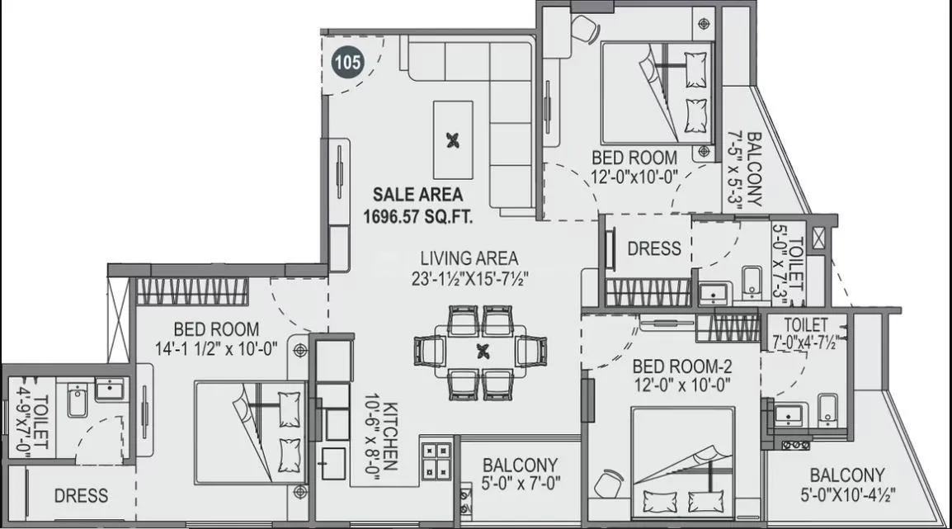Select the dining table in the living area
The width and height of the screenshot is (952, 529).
click(482, 350)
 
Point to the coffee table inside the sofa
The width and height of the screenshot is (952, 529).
click(453, 139)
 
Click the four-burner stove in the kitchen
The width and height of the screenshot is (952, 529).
click(436, 460)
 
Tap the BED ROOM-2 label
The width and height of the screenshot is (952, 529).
click(681, 365)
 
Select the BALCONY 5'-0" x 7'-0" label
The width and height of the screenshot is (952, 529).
click(520, 475)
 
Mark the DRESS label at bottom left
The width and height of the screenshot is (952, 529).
click(81, 496)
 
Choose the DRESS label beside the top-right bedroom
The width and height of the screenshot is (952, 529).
click(654, 248)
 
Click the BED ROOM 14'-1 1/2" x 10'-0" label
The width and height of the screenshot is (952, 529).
click(219, 338)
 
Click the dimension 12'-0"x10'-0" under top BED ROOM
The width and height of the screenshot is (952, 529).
click(634, 176)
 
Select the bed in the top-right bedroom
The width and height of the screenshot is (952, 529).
click(656, 92)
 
